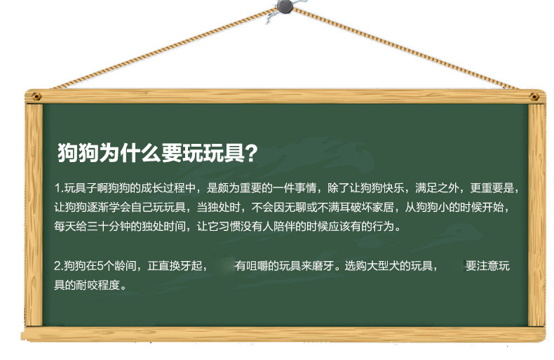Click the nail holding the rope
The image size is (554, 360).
pos(285,6)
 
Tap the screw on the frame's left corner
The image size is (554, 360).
pos(36,96)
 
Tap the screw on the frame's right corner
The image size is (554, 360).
pos(534,97)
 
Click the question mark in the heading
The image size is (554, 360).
pos(251,153)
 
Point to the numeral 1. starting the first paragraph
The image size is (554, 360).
pos(59,188)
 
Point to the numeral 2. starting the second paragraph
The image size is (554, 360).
pos(59,265)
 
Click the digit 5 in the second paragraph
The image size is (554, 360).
pos(100,265)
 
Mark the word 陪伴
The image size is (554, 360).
pos(284,226)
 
